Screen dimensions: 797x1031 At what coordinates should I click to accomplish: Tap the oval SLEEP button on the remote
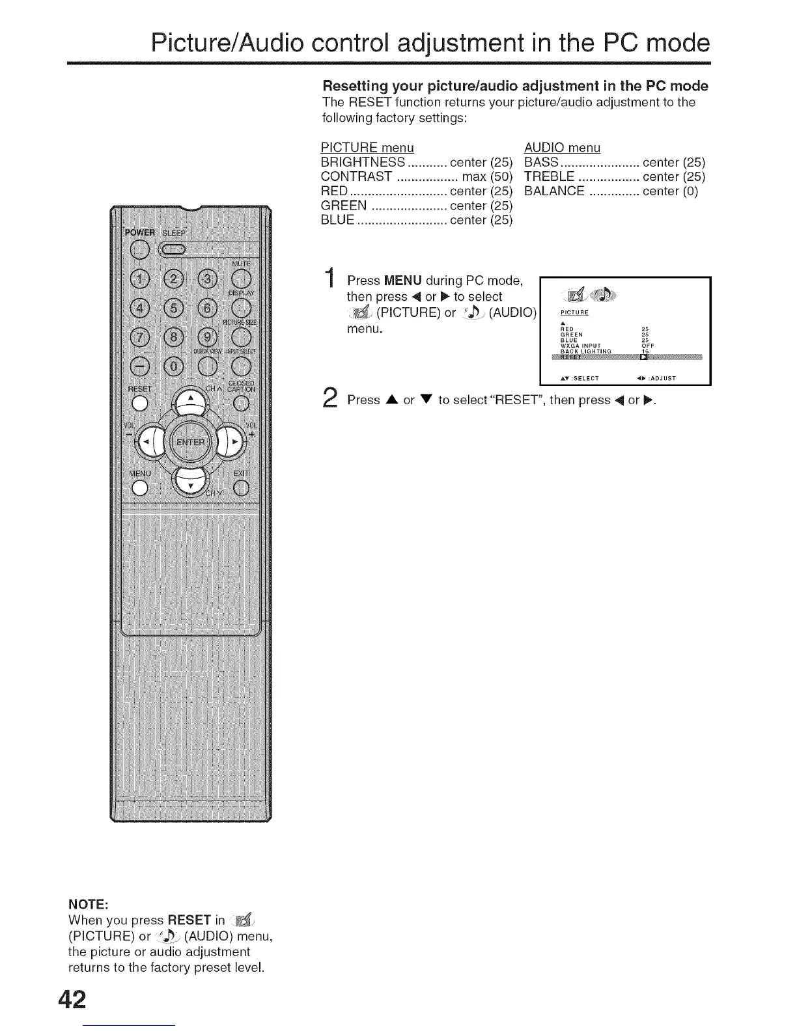tap(174, 249)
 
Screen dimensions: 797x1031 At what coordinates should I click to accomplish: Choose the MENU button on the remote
tap(139, 488)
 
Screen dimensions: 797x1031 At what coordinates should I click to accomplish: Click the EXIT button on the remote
tap(240, 488)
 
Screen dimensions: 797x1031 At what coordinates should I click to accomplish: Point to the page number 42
tap(72, 1000)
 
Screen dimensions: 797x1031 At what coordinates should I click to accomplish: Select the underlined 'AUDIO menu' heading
tap(562, 148)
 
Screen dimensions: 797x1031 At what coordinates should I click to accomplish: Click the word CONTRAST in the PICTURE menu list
tap(356, 177)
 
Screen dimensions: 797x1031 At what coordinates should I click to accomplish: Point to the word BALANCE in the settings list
tap(554, 191)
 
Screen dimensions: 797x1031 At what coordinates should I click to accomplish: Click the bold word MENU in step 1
tap(403, 281)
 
